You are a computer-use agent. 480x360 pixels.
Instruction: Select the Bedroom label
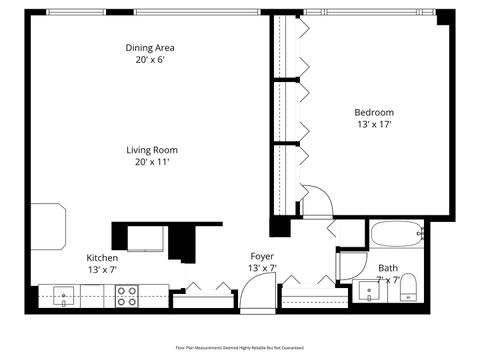tap(374, 112)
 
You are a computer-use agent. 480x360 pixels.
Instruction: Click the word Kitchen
tap(103, 257)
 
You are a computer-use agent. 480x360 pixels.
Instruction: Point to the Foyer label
tap(262, 257)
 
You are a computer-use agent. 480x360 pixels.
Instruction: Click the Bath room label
tap(388, 267)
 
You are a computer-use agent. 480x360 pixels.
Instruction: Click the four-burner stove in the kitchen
tap(127, 295)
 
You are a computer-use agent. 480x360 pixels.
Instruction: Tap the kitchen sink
tap(63, 295)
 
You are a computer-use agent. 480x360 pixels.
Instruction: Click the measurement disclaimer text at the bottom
tap(239, 347)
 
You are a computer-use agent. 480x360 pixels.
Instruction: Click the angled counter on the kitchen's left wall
tap(47, 227)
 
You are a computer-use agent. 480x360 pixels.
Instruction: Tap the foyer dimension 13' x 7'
tap(262, 269)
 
